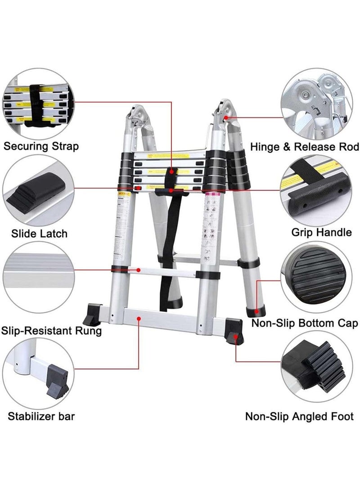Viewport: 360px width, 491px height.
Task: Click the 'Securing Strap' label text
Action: (x=41, y=146)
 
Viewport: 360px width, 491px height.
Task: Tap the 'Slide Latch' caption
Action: (x=40, y=233)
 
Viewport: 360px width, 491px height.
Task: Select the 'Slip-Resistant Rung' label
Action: (x=51, y=331)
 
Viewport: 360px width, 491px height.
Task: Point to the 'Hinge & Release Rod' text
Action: (x=305, y=147)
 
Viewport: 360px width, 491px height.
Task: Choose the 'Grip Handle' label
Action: (x=321, y=232)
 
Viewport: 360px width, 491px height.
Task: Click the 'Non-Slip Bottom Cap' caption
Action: (x=305, y=323)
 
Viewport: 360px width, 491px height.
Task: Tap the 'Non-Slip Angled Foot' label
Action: (x=299, y=416)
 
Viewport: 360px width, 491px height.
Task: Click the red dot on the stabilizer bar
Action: (x=139, y=318)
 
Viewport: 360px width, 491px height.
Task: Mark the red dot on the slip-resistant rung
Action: (x=139, y=270)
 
